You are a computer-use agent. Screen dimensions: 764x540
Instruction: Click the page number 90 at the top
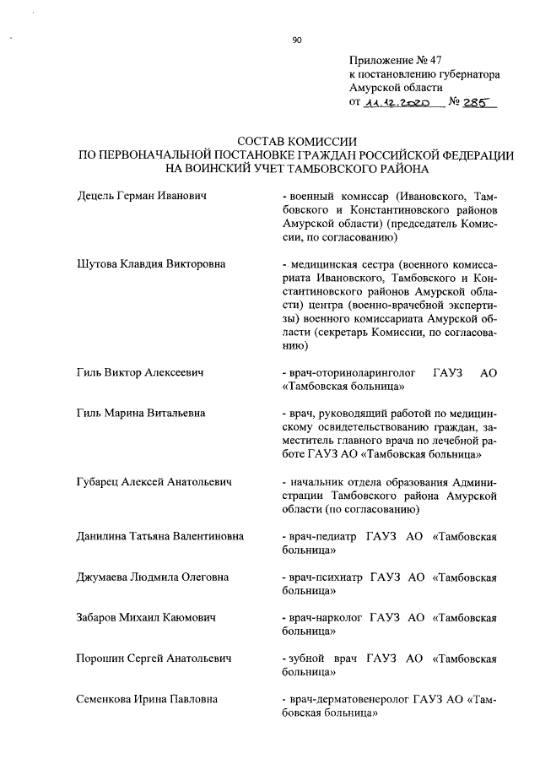tap(296, 39)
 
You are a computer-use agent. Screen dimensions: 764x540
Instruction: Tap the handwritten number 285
tap(478, 102)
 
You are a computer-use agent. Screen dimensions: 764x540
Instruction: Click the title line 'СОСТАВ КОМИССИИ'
tap(299, 142)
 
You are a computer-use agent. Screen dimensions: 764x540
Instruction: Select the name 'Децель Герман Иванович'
tap(143, 196)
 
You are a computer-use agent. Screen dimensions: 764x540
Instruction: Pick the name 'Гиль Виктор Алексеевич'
tap(141, 372)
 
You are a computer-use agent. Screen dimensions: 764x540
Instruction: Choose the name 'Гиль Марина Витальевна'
tap(142, 413)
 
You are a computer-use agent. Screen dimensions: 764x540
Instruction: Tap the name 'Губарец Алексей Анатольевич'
tap(154, 481)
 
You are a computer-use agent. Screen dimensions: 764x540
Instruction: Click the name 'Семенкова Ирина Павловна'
tap(147, 699)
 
